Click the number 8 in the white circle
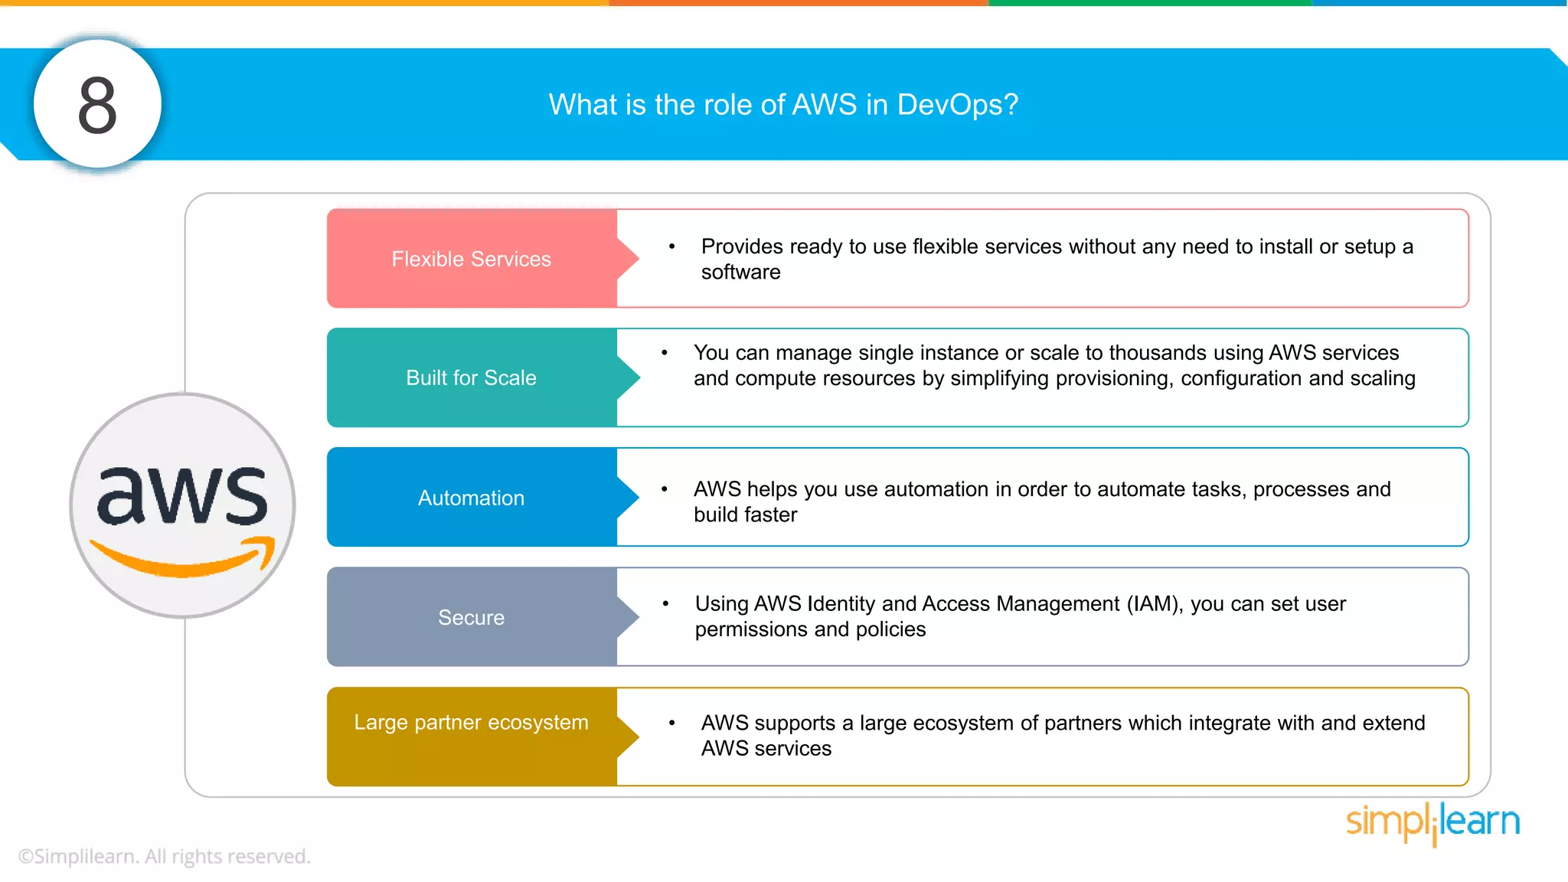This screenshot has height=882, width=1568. click(x=97, y=105)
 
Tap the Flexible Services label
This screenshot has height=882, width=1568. click(x=471, y=259)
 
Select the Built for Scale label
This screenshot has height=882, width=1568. click(x=471, y=377)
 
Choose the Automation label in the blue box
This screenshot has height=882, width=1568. click(x=471, y=498)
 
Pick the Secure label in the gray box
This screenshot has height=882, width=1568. click(x=471, y=617)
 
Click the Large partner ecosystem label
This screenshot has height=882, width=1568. click(x=471, y=722)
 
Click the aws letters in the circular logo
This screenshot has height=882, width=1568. click(x=182, y=496)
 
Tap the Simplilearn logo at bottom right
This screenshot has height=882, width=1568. click(x=1432, y=822)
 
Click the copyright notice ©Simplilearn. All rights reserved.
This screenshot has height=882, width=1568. click(x=164, y=856)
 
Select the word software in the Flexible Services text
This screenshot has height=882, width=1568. click(x=740, y=273)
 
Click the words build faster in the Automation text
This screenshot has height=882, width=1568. click(x=745, y=514)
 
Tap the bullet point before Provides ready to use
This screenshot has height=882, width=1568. click(x=671, y=247)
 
